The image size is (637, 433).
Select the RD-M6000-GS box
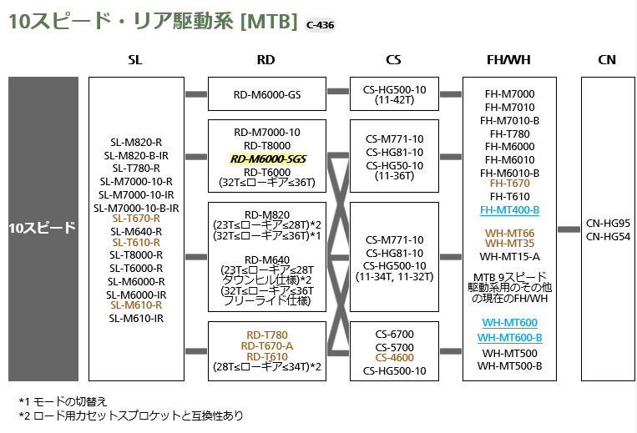(266, 94)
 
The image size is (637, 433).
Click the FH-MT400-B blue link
(508, 209)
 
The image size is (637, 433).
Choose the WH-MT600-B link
(509, 337)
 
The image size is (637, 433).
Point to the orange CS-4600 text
(394, 358)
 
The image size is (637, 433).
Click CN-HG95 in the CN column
(608, 223)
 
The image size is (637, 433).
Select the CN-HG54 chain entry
(608, 236)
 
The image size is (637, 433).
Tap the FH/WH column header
(508, 60)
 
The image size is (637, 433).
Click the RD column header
(265, 60)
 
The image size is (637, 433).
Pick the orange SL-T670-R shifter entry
(135, 218)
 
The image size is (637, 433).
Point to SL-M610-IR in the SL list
(135, 318)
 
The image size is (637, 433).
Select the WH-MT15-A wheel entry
(508, 256)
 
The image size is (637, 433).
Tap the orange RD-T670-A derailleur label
(265, 345)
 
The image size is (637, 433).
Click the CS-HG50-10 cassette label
(394, 164)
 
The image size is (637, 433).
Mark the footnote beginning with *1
(63, 400)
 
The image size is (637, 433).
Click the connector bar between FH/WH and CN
(569, 229)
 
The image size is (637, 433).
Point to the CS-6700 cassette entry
(394, 334)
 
